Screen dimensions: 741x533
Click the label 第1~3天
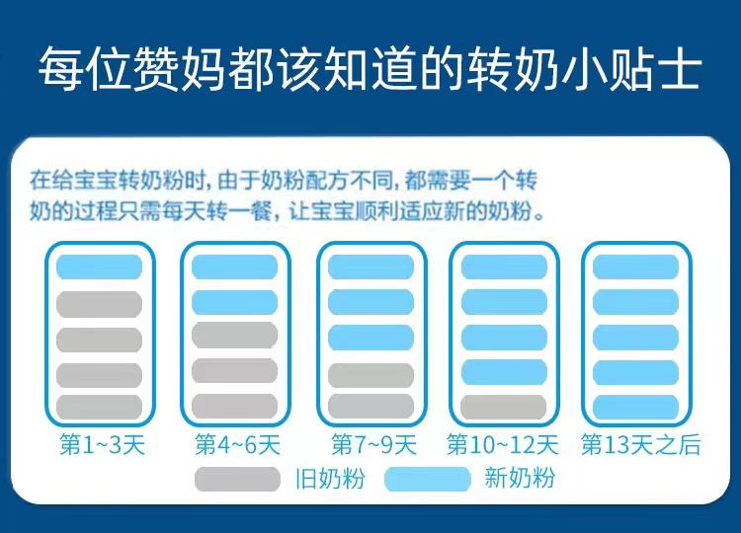[x=102, y=445]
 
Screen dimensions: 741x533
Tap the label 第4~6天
[x=238, y=445]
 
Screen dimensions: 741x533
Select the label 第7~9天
[x=373, y=445]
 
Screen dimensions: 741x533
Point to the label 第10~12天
[x=502, y=445]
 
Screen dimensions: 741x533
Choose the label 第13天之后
[x=641, y=445]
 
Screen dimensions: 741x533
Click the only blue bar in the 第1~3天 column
[x=99, y=266]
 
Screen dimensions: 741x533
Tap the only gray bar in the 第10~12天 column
[x=504, y=407]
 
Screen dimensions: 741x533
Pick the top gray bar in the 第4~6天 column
[x=234, y=336]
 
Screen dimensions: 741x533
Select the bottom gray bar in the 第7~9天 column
[x=370, y=407]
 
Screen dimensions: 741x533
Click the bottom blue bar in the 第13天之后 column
[x=635, y=407]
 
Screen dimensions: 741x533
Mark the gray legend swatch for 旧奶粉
[x=238, y=479]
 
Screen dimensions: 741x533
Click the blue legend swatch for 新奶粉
[x=428, y=479]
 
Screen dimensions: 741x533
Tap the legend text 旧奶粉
[x=330, y=479]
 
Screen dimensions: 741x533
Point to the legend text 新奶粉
[x=520, y=479]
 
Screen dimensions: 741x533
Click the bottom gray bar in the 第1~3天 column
[x=99, y=407]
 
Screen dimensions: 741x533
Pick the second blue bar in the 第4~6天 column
[x=234, y=302]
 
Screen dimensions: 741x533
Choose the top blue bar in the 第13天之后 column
[x=635, y=266]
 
